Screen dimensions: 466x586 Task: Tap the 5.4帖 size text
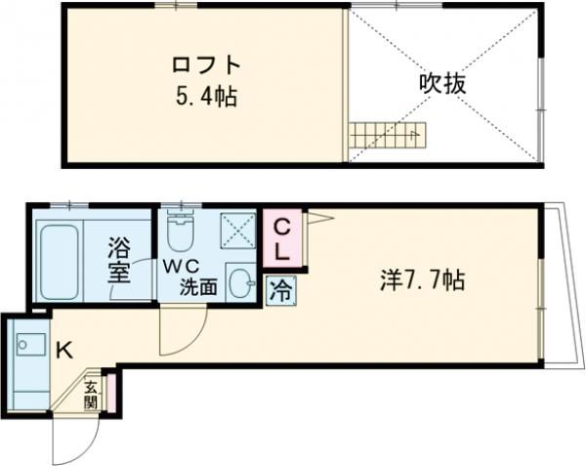pos(205,98)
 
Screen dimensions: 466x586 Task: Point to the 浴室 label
pos(118,259)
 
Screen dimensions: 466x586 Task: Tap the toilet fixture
pos(179,233)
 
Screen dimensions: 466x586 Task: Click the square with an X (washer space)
pos(237,233)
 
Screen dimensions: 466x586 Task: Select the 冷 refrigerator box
pos(279,289)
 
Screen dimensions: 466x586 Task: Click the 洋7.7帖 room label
pos(422,281)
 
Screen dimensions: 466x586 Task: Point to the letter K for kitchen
pos(61,348)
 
